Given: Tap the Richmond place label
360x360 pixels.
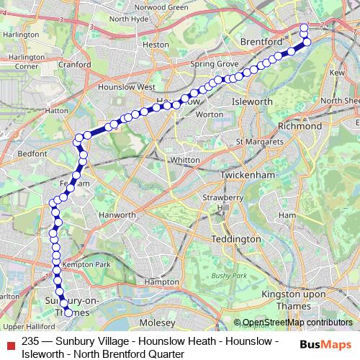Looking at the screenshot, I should click(299, 126).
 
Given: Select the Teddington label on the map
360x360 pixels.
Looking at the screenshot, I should click(235, 239).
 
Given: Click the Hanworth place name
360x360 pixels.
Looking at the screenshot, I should click(117, 215).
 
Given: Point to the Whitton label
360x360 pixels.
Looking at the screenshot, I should click(184, 160).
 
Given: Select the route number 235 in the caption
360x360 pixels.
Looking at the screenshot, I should click(30, 341).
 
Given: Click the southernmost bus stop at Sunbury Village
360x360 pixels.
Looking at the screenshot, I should click(69, 313).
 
